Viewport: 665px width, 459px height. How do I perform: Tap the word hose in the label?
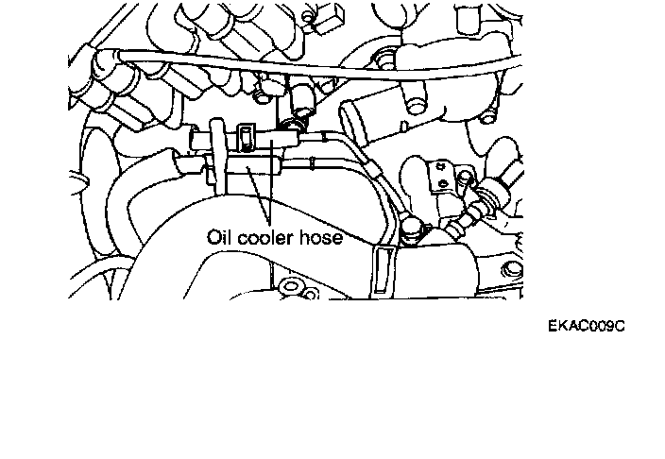321,238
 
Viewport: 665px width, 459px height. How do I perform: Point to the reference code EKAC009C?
587,327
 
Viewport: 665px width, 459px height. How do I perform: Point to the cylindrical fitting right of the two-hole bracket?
491,199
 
